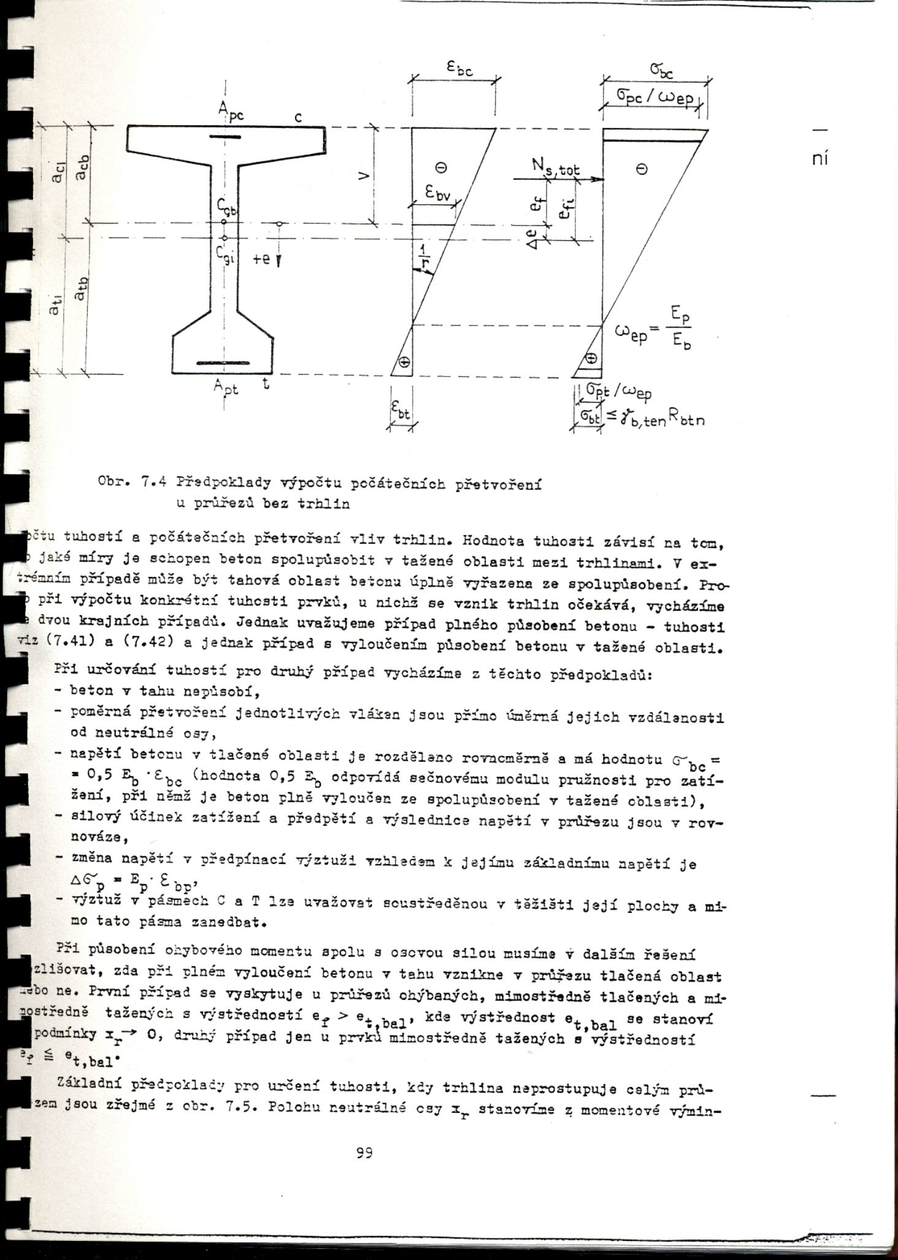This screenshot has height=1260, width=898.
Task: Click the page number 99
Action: (364, 1153)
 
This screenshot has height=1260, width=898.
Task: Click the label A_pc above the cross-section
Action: (231, 112)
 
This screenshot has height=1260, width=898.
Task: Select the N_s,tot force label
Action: (555, 167)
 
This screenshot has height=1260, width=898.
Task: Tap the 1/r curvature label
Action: (424, 256)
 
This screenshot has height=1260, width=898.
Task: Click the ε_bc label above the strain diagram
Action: (459, 70)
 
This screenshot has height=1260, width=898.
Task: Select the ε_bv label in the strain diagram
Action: (438, 196)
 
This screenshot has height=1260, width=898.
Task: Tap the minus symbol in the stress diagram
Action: (642, 170)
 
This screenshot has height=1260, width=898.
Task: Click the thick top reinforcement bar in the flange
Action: (225, 137)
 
